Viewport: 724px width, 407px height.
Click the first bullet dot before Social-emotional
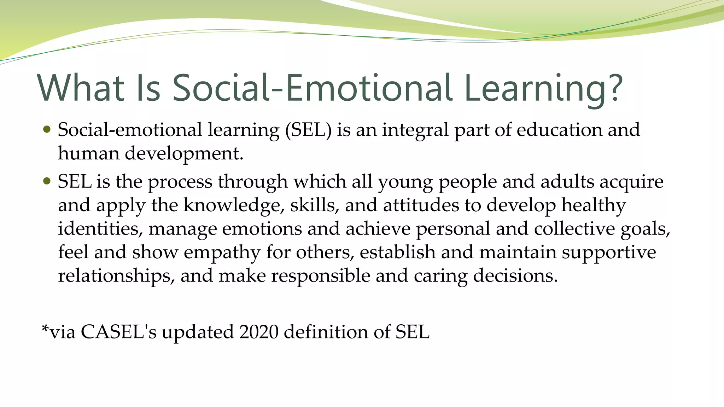[x=47, y=129]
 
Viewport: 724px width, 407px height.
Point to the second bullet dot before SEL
[x=47, y=181]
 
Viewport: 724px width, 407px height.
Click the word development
[x=184, y=154]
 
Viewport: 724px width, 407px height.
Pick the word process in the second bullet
[x=180, y=182]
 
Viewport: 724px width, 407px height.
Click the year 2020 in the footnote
[x=258, y=332]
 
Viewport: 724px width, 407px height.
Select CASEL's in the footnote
[x=118, y=332]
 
